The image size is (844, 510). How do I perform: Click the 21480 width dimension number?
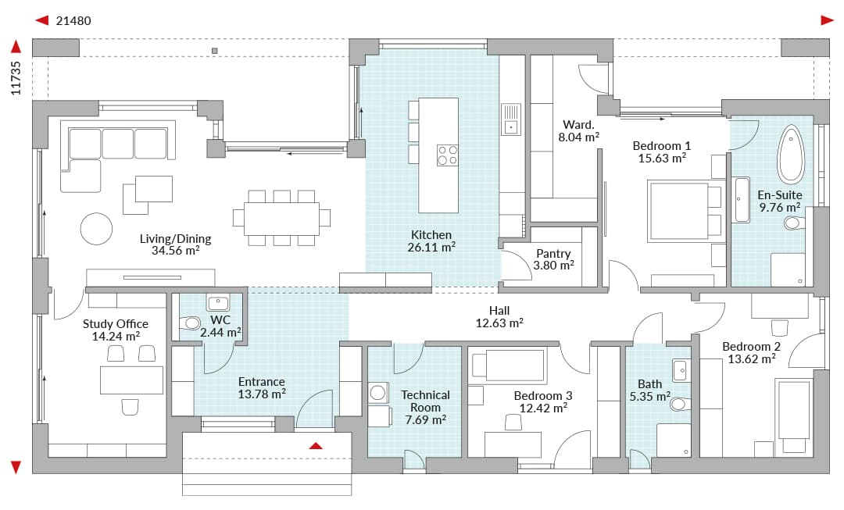coord(73,21)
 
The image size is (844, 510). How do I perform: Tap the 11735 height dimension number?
coord(16,79)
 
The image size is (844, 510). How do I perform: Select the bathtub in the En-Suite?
coord(791,155)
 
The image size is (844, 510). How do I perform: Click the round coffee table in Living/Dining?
coord(96,229)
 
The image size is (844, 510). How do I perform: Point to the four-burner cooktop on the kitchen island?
coord(447,155)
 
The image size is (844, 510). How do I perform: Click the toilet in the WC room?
coord(190,323)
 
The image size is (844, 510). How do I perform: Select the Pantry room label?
coord(553,254)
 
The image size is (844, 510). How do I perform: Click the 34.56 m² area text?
coord(176,251)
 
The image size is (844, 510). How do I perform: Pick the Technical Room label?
coord(425,401)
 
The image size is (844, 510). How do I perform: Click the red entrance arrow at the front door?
coord(316,445)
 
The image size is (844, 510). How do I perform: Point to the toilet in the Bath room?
coord(680,404)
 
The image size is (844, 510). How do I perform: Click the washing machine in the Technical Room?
coord(378,393)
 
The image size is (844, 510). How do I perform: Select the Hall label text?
coord(499,310)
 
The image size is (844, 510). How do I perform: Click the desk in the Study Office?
coord(131,380)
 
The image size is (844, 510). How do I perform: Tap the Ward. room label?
coord(578,125)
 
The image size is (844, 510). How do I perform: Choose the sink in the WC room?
coord(218,303)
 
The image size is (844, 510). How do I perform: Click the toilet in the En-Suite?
coord(795,223)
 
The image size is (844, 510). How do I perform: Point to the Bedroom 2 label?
coord(752,347)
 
